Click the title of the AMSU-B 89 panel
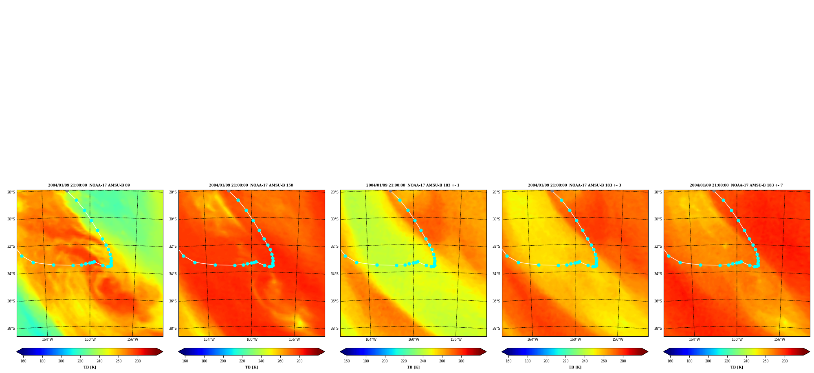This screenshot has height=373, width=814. pos(89,185)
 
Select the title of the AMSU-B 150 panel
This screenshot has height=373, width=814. pos(251,185)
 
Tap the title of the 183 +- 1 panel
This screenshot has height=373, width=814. pos(413,185)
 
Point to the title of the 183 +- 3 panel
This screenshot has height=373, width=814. pos(574,185)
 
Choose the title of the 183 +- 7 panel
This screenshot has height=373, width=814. pos(736,185)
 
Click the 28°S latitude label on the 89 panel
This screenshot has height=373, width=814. pos(11,192)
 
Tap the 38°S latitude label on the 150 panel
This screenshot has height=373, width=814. pos(173,329)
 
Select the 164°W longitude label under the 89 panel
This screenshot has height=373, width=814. pos(47,340)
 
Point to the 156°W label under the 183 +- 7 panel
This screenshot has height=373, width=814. pos(779,340)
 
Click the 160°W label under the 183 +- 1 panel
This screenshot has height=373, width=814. pos(414,340)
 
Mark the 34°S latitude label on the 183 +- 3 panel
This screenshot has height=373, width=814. pos(496,274)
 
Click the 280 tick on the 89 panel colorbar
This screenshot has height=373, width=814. pos(138,361)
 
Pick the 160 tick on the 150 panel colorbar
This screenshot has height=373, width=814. pos(185,361)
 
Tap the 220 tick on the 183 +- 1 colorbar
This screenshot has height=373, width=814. pos(404,361)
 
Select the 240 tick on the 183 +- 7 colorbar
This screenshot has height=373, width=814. pos(746,361)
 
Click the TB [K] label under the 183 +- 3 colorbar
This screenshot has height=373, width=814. pos(575,367)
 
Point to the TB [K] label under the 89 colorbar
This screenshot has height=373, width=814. pos(90,367)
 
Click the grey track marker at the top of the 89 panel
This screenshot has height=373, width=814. pos(67,191)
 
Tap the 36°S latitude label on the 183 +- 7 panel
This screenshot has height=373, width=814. pos(658,301)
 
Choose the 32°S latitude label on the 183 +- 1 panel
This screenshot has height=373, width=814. pos(334,246)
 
